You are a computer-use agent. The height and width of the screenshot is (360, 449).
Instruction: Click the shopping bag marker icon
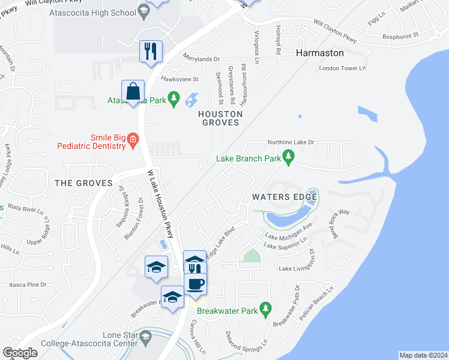[133, 92]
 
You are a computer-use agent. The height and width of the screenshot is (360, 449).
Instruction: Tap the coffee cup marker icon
[194, 283]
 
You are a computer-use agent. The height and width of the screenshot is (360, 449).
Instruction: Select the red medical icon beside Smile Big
[133, 142]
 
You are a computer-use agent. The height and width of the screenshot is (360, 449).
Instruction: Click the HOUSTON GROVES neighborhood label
[221, 118]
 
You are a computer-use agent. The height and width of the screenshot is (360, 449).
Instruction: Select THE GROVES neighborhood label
[83, 183]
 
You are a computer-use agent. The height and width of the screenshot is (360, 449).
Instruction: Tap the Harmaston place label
[320, 53]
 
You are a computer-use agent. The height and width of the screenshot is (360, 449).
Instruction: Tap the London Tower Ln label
[342, 68]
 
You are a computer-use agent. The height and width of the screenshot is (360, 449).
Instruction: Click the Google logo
[20, 353]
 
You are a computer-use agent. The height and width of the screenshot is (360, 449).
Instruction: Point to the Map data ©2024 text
[423, 355]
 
